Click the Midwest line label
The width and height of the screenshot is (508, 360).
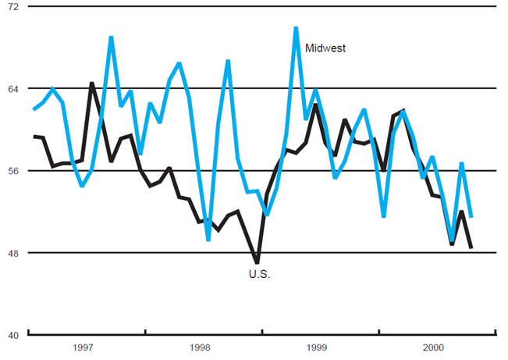325,48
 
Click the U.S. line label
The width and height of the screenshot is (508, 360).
259,274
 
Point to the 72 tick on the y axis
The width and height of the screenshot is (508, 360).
12,6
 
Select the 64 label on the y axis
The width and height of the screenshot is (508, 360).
12,88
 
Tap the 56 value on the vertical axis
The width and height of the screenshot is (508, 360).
12,170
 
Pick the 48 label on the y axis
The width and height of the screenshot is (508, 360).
12,253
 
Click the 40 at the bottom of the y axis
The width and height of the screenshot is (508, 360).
12,335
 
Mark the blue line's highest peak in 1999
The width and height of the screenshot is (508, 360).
296,28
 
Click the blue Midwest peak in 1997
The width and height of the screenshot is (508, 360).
111,37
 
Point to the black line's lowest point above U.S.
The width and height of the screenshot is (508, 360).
257,262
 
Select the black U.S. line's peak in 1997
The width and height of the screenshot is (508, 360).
91,83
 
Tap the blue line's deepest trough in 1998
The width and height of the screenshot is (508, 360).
208,240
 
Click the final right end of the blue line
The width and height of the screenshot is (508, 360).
471,217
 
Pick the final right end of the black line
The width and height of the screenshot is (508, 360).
471,248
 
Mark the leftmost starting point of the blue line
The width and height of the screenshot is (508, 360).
34,110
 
